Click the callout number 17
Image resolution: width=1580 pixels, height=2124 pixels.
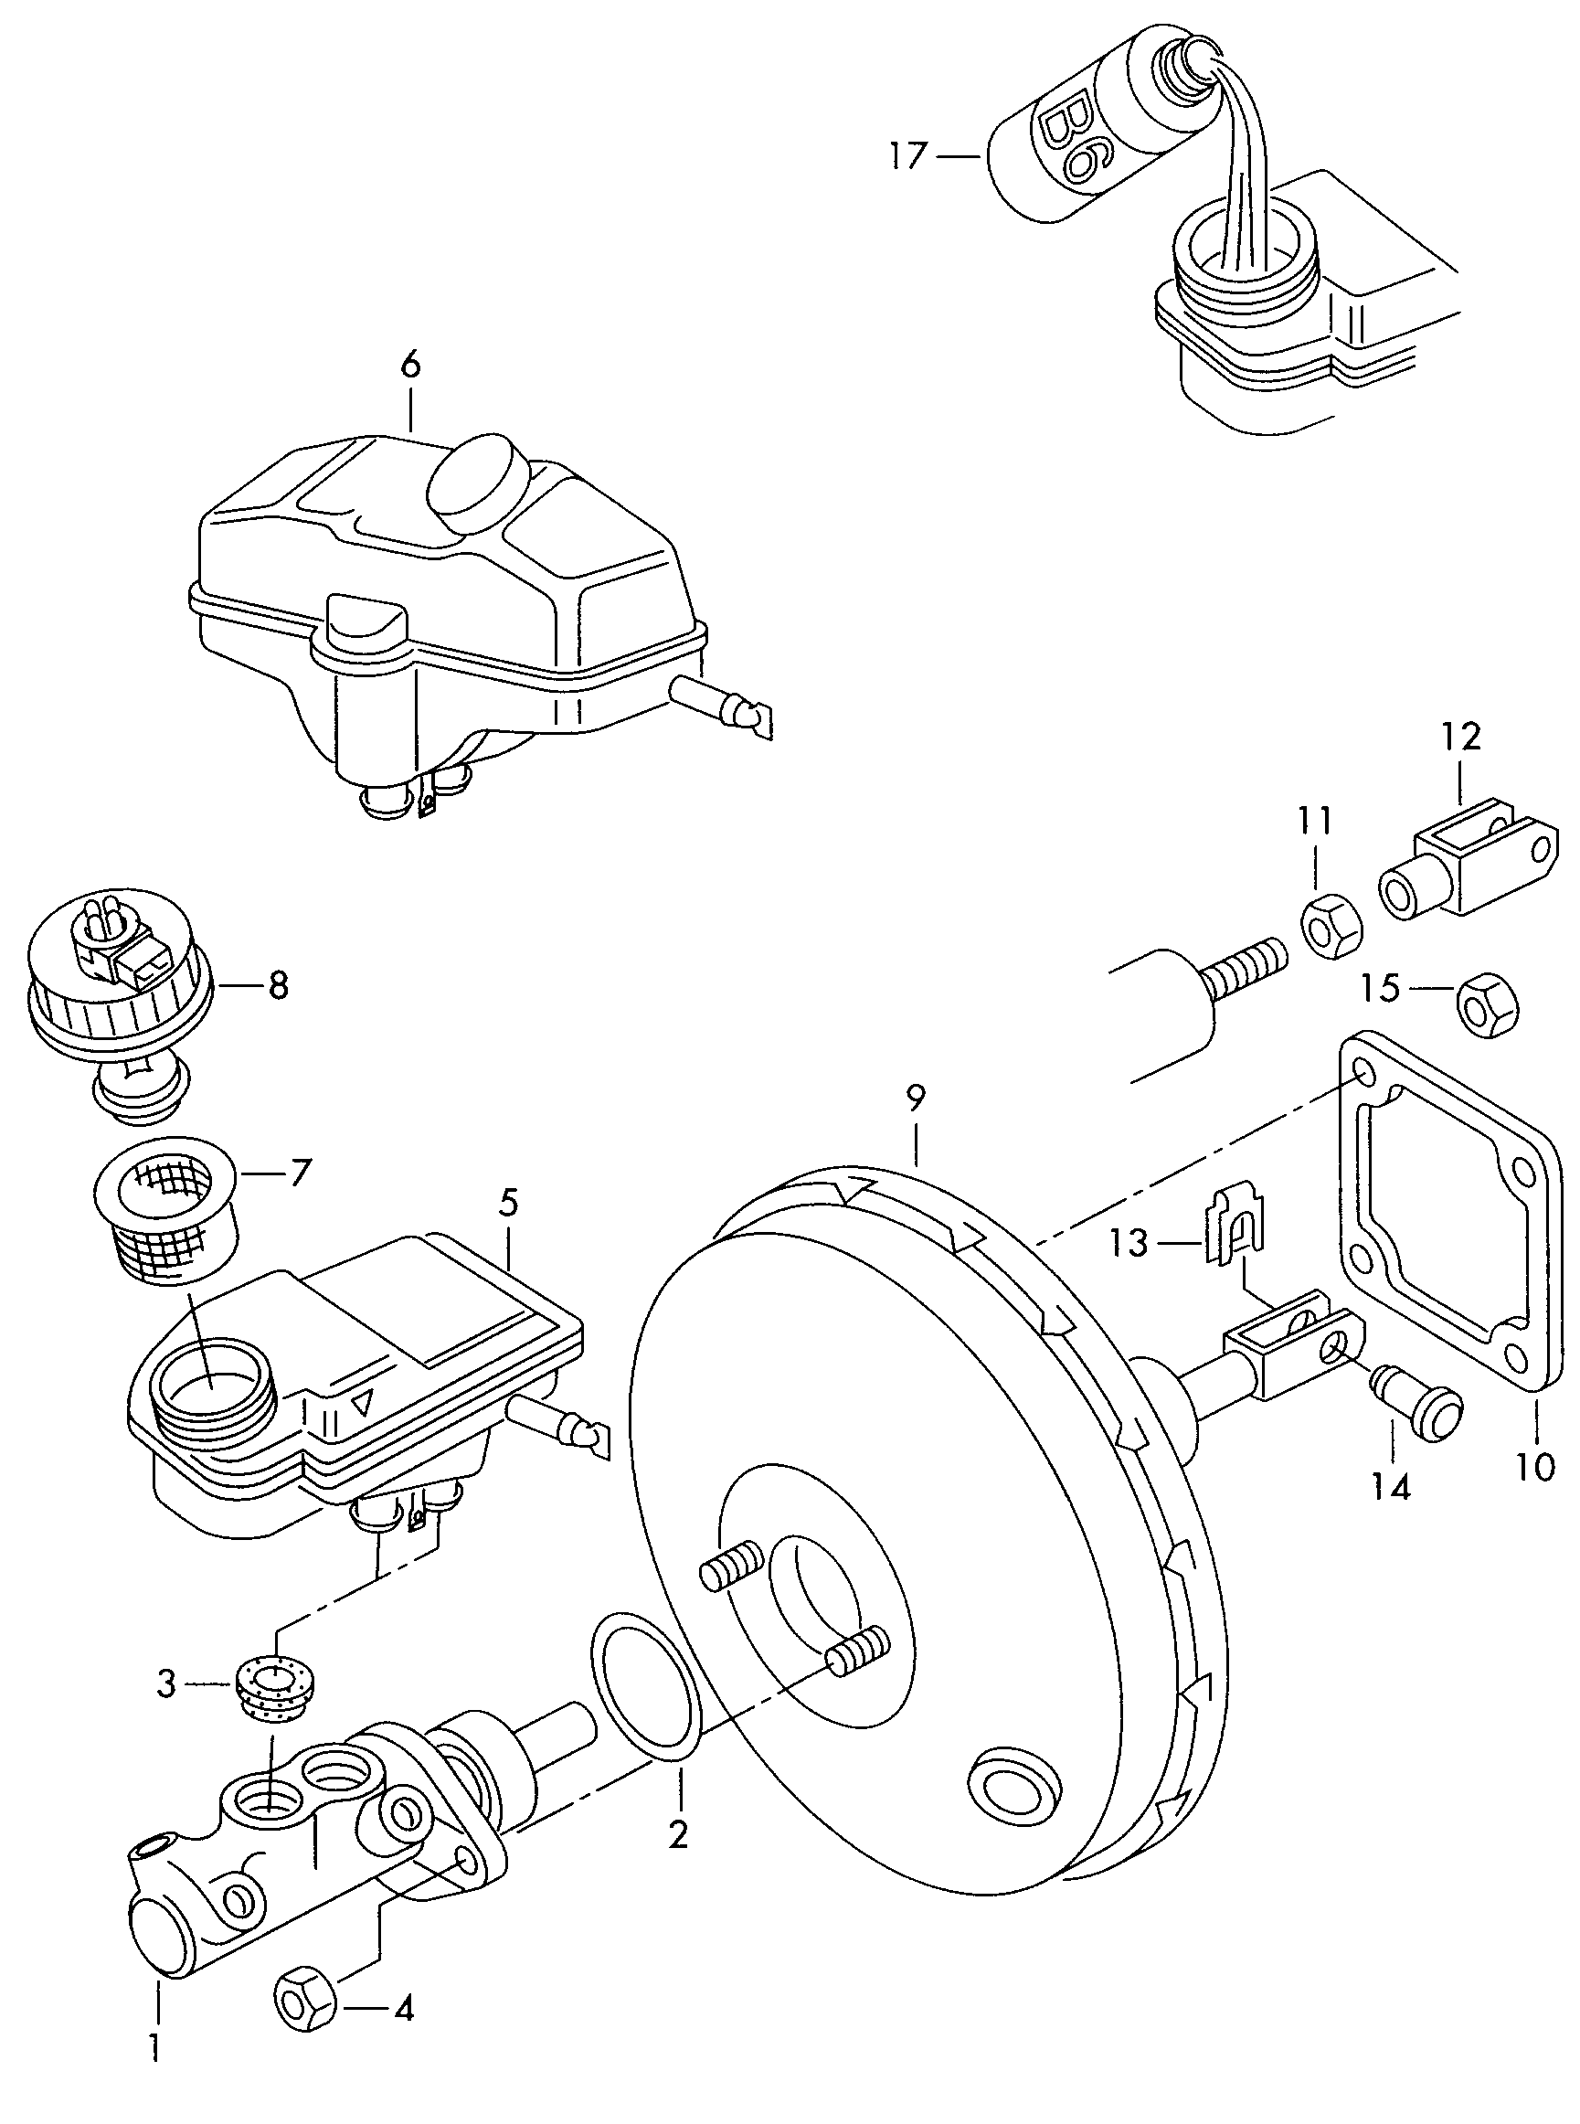click(x=908, y=155)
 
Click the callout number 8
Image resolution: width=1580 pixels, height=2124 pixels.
click(x=279, y=986)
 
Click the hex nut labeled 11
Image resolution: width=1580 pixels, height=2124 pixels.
click(x=1331, y=927)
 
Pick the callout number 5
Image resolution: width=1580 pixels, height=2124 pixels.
click(x=508, y=1203)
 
